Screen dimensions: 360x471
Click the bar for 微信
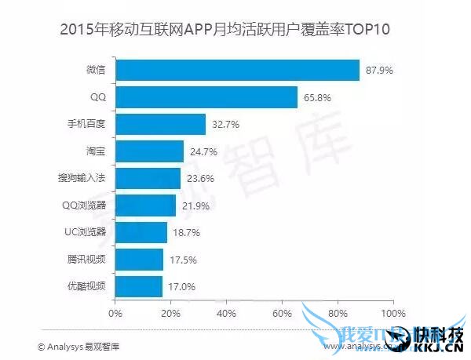tap(237, 71)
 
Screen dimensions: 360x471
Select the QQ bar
tap(206, 97)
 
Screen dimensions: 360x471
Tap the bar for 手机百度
tap(160, 124)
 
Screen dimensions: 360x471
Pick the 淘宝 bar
tap(149, 151)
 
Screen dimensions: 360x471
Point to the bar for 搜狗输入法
tap(148, 178)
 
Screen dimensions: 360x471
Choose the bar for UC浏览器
tap(141, 232)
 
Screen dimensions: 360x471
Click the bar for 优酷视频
tap(139, 285)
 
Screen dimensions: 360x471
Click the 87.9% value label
tap(379, 71)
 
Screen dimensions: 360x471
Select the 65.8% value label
tap(318, 97)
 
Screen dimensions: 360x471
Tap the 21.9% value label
tap(195, 205)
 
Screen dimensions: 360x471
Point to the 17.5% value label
tap(183, 259)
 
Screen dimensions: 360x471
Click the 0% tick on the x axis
tap(115, 314)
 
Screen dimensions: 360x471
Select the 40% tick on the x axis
tap(226, 314)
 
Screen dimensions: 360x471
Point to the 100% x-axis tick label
tap(392, 314)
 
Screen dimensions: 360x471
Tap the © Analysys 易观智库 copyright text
tap(78, 345)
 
